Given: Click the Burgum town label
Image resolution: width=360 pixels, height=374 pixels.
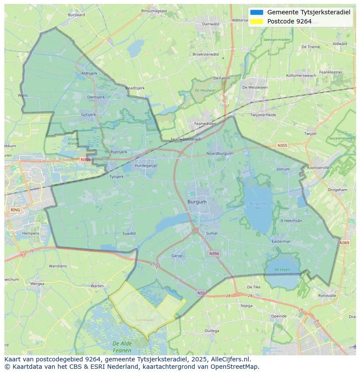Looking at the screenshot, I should point(197,202).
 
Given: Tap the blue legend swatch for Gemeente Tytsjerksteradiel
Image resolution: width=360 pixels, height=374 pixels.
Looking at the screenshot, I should point(257,12).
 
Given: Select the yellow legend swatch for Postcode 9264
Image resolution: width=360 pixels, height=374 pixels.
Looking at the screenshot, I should point(257,21).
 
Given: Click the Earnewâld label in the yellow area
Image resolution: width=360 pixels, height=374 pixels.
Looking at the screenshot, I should point(145,320).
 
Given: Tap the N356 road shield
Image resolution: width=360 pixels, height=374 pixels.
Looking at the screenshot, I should point(214,254).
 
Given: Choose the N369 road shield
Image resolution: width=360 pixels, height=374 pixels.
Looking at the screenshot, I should point(344,243).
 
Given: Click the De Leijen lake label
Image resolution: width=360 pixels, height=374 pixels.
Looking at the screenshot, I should point(282,272).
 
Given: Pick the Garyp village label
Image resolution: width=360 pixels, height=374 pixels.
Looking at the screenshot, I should point(177,256).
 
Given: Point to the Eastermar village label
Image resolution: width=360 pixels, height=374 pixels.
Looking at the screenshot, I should point(280,242).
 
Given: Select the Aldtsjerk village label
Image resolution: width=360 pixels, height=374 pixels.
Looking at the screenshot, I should point(89,73).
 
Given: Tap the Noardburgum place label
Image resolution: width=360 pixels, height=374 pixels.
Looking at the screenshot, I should point(219,153).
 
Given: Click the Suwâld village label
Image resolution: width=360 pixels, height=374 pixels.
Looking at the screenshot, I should point(129,234).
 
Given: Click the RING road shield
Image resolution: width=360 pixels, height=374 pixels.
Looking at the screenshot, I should point(15,210).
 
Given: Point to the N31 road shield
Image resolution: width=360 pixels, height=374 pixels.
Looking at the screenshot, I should point(201,293).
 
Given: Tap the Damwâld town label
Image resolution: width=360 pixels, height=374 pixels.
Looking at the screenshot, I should point(211,24).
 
